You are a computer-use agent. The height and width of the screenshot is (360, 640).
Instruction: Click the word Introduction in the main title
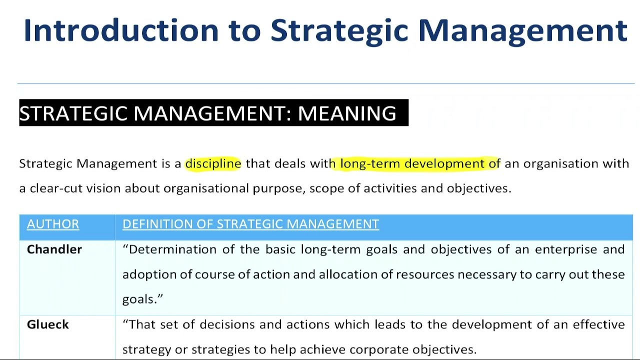point(121,30)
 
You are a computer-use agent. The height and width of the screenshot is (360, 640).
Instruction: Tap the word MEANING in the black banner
point(347,113)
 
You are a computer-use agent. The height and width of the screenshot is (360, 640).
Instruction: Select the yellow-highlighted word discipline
point(213,163)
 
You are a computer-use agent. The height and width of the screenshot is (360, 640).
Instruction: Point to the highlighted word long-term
point(370,163)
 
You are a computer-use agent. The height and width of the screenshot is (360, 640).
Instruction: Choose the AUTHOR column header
point(53,224)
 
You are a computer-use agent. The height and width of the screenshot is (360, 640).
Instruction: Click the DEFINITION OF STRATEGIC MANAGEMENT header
point(250,224)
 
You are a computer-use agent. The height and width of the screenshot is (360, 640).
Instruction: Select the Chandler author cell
point(54,249)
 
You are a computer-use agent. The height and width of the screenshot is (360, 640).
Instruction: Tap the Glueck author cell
point(48,324)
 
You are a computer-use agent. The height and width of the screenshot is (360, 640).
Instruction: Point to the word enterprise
point(566,249)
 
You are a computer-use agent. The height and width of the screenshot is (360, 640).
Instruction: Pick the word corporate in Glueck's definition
point(378,349)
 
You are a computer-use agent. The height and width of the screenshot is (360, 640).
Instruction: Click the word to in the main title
point(245,30)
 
